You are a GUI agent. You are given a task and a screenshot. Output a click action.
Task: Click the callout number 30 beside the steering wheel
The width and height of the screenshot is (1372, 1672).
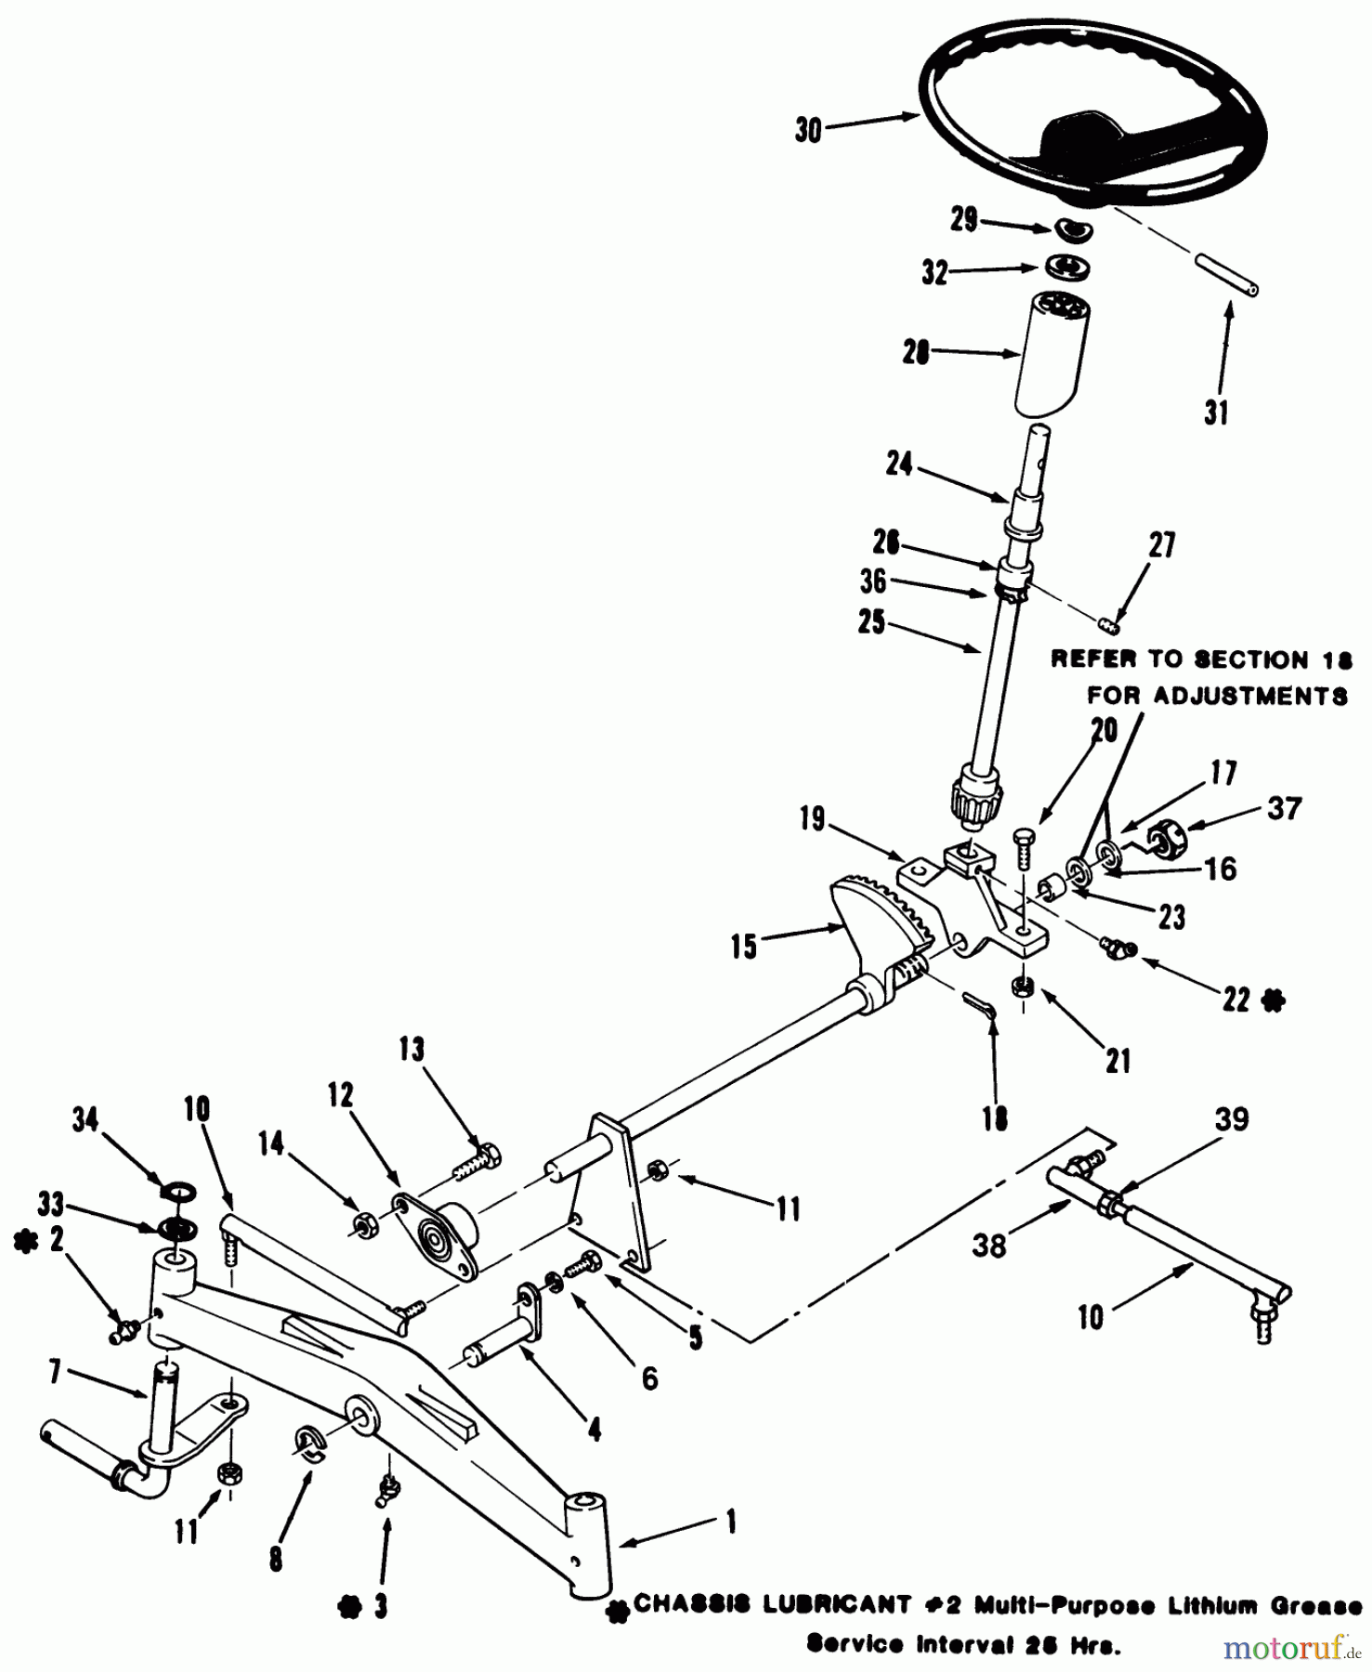(808, 130)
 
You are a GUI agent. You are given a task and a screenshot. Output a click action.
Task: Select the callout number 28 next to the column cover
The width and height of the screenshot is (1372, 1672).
(916, 353)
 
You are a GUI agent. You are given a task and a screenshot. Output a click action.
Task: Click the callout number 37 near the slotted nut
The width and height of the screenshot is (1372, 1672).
(1284, 808)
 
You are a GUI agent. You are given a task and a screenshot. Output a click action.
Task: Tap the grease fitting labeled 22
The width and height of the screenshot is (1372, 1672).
(1111, 947)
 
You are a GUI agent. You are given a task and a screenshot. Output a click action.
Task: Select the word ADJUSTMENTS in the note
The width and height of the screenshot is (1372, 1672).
(1217, 696)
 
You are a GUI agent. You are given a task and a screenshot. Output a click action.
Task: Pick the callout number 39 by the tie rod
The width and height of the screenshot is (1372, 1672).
(1232, 1119)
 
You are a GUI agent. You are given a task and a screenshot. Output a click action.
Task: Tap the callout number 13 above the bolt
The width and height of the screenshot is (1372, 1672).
(412, 1050)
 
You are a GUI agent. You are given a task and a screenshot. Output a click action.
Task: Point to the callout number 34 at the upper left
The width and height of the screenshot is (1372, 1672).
(85, 1120)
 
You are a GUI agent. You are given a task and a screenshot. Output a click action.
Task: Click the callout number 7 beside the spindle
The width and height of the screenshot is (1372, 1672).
(56, 1371)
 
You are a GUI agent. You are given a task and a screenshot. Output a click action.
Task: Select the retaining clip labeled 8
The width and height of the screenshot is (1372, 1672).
(307, 1444)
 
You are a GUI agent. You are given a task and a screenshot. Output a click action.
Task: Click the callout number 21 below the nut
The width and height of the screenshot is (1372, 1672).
(1117, 1061)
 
